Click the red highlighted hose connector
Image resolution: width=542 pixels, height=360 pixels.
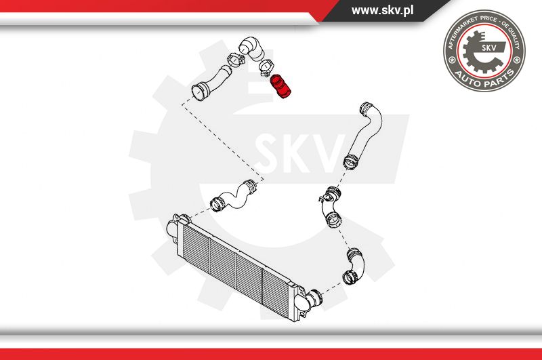coord(280,87)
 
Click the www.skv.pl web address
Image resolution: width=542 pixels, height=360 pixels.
coord(382,10)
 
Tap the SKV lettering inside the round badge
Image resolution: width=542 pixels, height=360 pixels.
coord(489,47)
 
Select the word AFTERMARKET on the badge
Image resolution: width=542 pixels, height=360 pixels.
coord(461,31)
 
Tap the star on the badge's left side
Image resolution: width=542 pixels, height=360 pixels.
coord(451,60)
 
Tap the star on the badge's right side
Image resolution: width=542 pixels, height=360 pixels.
coord(517,60)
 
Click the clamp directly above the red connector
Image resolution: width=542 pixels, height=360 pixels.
coord(266,67)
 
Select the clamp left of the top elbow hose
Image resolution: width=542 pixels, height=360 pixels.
coord(236,59)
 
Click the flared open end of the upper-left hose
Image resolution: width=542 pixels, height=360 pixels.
coord(198,93)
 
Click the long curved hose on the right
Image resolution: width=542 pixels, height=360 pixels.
coord(364,136)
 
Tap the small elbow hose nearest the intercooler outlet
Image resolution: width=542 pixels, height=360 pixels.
coord(354,266)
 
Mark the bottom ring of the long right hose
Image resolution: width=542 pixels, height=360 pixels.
coord(350,162)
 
